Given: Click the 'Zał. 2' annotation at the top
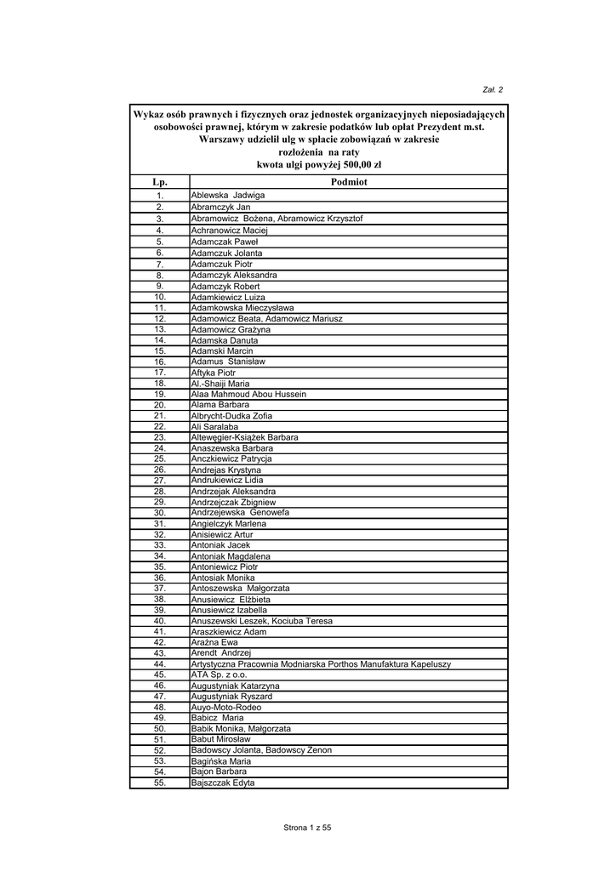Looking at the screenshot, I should pyautogui.click(x=493, y=88).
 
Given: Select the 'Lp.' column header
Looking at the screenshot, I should pyautogui.click(x=159, y=182).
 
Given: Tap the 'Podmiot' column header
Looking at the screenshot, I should pyautogui.click(x=347, y=182).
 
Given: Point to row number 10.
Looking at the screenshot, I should pyautogui.click(x=159, y=297).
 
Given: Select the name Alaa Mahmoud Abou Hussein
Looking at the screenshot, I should pyautogui.click(x=248, y=395).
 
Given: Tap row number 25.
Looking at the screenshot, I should pyautogui.click(x=159, y=459).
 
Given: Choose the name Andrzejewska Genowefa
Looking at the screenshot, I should pyautogui.click(x=240, y=513).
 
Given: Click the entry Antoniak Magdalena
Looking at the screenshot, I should pyautogui.click(x=231, y=556).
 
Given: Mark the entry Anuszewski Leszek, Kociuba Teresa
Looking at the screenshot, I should pyautogui.click(x=261, y=621).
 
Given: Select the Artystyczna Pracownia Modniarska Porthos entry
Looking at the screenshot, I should pyautogui.click(x=321, y=664).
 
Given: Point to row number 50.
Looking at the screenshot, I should pyautogui.click(x=159, y=729).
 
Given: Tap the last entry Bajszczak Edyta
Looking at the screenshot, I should pyautogui.click(x=222, y=783).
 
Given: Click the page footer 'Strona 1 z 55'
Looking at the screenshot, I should pyautogui.click(x=307, y=828).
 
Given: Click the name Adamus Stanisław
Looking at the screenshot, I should pyautogui.click(x=228, y=361).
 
